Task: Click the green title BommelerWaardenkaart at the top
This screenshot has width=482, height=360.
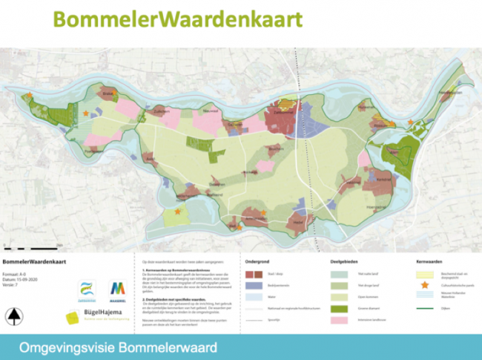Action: click(177, 18)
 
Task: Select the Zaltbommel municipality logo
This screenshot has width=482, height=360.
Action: click(88, 289)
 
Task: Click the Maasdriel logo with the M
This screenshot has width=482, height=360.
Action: click(116, 289)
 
